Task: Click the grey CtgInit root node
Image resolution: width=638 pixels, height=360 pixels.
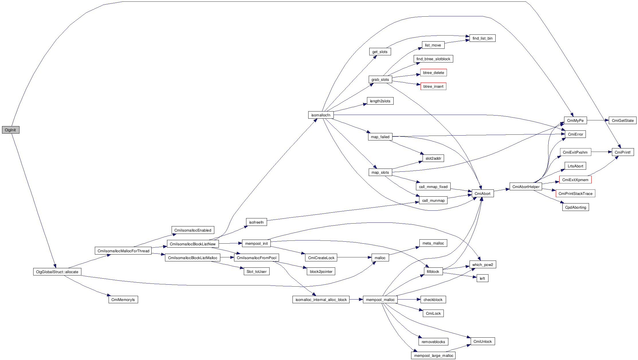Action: click(11, 130)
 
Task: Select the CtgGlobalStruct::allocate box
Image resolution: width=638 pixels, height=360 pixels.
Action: click(57, 272)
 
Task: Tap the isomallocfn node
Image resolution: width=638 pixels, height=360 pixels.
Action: click(321, 115)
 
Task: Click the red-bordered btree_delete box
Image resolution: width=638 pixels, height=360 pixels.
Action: click(433, 73)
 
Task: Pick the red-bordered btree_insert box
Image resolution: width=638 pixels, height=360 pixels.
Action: click(433, 86)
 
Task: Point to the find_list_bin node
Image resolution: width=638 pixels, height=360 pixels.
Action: click(482, 38)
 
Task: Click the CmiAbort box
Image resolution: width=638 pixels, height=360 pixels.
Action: click(482, 193)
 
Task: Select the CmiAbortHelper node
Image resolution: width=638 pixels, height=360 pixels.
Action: click(526, 187)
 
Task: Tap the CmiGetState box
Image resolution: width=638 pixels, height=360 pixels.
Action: click(623, 120)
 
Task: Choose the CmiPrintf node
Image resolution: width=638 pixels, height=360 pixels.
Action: click(623, 152)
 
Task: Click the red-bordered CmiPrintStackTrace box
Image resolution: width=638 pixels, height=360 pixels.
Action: click(575, 193)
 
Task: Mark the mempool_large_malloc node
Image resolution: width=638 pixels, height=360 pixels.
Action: click(433, 355)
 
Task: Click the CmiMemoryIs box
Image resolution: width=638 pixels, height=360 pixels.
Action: click(123, 300)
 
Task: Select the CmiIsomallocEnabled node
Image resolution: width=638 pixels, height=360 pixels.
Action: click(193, 230)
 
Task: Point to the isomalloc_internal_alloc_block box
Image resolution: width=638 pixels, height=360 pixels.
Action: click(321, 300)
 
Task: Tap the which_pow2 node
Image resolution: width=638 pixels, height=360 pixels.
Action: click(482, 265)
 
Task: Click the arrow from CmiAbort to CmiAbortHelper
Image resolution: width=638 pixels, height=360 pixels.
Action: click(502, 190)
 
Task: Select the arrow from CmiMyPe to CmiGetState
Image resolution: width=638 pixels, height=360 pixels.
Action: click(598, 120)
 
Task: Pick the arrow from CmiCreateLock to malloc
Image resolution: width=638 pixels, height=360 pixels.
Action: click(354, 258)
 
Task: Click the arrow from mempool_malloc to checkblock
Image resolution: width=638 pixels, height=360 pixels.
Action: click(409, 300)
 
